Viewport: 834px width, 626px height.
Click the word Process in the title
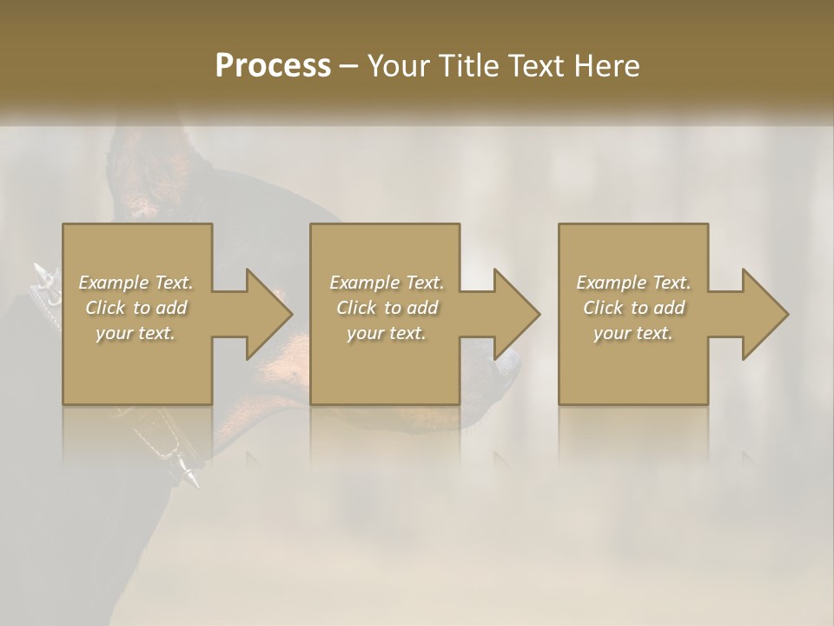pyautogui.click(x=273, y=66)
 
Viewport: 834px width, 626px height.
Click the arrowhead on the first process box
pyautogui.click(x=268, y=314)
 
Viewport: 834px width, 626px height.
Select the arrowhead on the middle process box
pyautogui.click(x=516, y=314)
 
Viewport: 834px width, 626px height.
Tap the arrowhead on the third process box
pyautogui.click(x=764, y=314)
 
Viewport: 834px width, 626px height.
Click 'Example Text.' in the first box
pyautogui.click(x=136, y=283)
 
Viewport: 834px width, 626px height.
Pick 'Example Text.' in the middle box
pyautogui.click(x=387, y=283)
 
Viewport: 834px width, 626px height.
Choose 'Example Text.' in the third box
pyautogui.click(x=633, y=283)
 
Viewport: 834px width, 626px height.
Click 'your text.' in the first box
pyautogui.click(x=136, y=333)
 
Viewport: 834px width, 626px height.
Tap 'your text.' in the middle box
pyautogui.click(x=386, y=333)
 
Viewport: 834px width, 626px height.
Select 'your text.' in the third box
pyautogui.click(x=633, y=333)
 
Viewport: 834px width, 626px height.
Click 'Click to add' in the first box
pyautogui.click(x=136, y=308)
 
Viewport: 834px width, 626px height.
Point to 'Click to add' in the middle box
pyautogui.click(x=387, y=308)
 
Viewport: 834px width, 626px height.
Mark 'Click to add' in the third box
pyautogui.click(x=633, y=308)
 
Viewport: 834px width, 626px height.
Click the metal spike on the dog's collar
pyautogui.click(x=188, y=474)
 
